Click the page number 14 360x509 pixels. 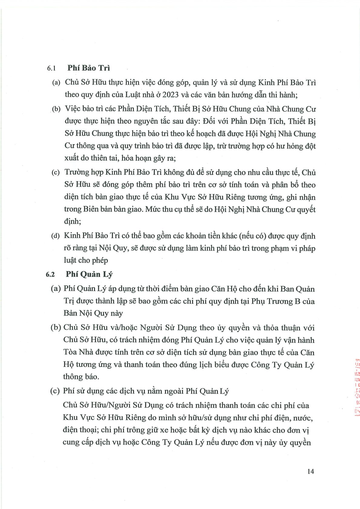[x=310, y=471]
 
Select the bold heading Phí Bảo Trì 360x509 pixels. [x=89, y=68]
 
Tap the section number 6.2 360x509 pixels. [x=50, y=275]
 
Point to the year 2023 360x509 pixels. [x=171, y=95]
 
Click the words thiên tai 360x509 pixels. [x=107, y=158]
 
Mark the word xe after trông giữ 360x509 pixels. [x=146, y=430]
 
